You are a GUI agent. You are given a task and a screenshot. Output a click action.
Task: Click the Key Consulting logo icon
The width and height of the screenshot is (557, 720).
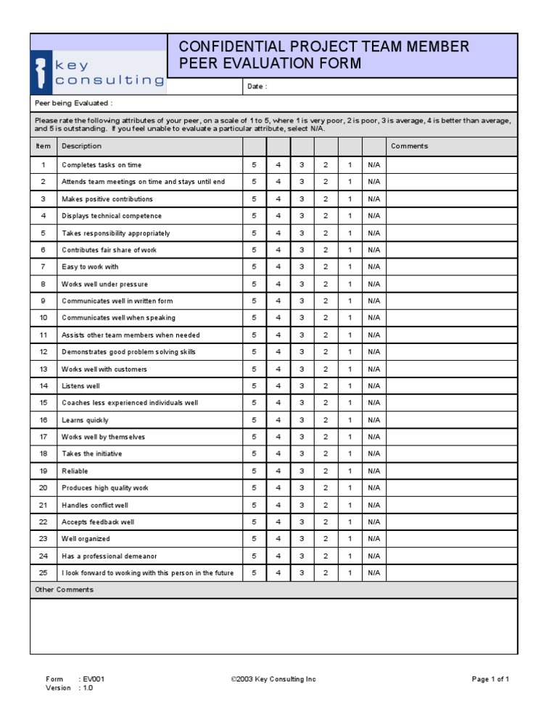pyautogui.click(x=41, y=72)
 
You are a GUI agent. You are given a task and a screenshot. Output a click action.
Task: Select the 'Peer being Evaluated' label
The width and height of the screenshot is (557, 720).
pyautogui.click(x=73, y=103)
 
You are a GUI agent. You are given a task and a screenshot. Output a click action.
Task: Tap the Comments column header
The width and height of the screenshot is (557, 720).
pyautogui.click(x=409, y=146)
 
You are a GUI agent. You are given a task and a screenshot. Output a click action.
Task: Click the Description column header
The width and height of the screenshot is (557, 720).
pyautogui.click(x=81, y=146)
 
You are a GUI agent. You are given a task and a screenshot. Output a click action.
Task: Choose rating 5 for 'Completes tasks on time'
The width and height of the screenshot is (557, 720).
pyautogui.click(x=254, y=165)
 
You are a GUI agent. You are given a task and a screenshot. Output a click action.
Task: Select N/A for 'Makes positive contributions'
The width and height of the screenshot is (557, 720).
pyautogui.click(x=374, y=199)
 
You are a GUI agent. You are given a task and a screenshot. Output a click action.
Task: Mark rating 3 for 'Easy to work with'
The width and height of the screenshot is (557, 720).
pyautogui.click(x=302, y=267)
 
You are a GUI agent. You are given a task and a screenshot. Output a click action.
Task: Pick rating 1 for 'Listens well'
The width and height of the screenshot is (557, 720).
pyautogui.click(x=350, y=386)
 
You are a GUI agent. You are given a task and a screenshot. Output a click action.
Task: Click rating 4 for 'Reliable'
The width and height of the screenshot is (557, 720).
pyautogui.click(x=278, y=471)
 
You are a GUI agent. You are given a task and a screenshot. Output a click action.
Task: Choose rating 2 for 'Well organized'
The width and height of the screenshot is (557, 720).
pyautogui.click(x=326, y=539)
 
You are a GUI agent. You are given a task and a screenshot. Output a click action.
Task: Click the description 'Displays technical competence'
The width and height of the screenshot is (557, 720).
pyautogui.click(x=112, y=216)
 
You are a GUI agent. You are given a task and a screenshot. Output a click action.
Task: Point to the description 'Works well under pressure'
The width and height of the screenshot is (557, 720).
pyautogui.click(x=104, y=284)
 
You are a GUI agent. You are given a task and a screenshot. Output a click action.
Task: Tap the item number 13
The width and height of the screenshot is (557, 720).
pyautogui.click(x=44, y=369)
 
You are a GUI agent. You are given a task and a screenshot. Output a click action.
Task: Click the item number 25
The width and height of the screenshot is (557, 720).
pyautogui.click(x=44, y=573)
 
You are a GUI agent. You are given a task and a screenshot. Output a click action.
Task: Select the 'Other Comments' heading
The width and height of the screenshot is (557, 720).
pyautogui.click(x=65, y=590)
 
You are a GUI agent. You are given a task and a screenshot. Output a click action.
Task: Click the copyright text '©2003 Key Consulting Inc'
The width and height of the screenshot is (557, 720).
pyautogui.click(x=273, y=679)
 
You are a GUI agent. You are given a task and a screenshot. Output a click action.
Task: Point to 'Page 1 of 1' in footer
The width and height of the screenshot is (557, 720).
pyautogui.click(x=490, y=679)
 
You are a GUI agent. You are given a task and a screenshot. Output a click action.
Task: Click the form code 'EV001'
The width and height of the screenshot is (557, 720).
pyautogui.click(x=94, y=679)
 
